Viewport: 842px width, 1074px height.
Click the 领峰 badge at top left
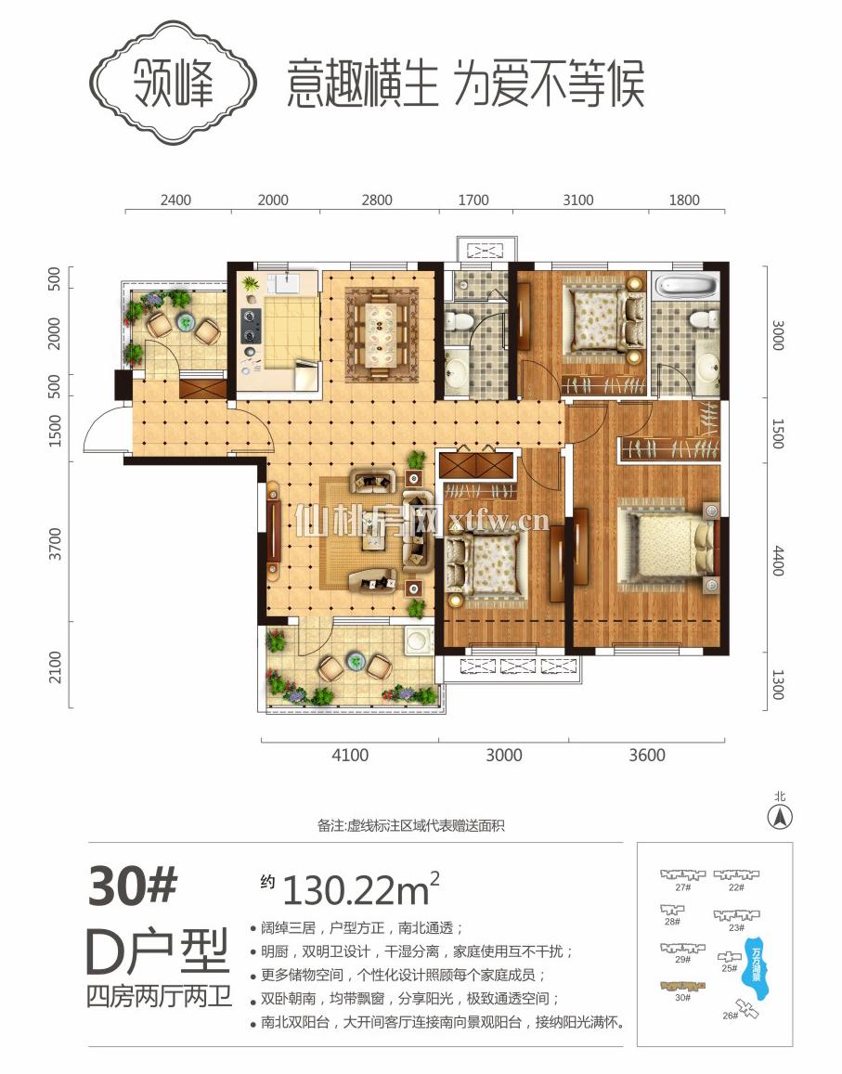click(x=176, y=84)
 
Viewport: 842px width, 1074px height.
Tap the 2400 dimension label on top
click(x=175, y=200)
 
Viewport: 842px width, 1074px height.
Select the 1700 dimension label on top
click(x=473, y=200)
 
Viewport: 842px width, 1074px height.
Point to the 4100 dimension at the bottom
click(x=349, y=755)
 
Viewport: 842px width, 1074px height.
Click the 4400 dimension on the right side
click(x=777, y=559)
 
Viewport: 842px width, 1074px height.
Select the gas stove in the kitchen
click(x=250, y=325)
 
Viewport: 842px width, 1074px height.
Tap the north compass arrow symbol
click(x=781, y=818)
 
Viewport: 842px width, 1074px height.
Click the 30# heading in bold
click(x=132, y=886)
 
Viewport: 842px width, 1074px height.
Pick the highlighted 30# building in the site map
click(x=682, y=986)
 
